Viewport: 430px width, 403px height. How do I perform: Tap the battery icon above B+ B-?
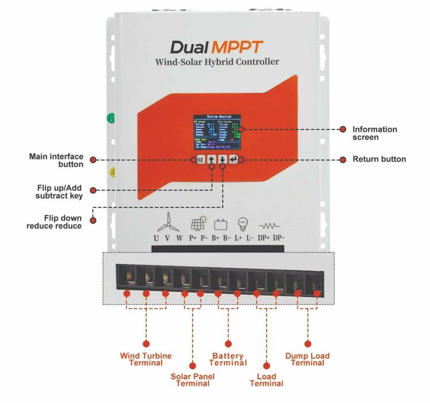[221, 223]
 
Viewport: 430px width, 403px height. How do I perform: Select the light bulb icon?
[243, 223]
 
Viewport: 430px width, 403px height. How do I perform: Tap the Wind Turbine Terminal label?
[145, 359]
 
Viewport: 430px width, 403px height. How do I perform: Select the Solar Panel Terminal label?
[192, 380]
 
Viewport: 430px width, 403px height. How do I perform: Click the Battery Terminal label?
[228, 359]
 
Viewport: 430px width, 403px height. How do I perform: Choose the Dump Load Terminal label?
[307, 359]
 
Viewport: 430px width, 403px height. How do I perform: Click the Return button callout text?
[379, 159]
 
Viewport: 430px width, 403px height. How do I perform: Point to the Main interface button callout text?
[56, 160]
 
